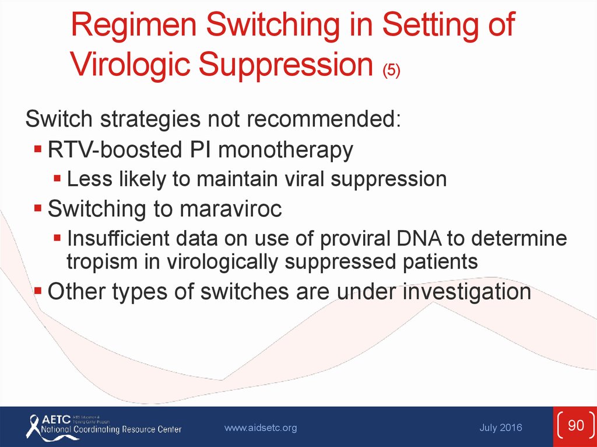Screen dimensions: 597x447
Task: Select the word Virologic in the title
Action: tap(130, 64)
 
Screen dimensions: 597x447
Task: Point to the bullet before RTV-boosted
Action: tap(38, 148)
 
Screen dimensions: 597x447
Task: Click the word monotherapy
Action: tap(285, 150)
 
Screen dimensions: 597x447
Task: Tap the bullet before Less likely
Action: tap(57, 178)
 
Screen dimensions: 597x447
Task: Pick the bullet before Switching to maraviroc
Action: tap(38, 208)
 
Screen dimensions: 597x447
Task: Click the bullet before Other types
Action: tap(38, 291)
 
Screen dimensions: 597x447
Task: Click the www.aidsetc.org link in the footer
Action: tap(261, 428)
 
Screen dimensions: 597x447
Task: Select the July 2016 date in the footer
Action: tap(501, 428)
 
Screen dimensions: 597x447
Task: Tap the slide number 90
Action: tap(575, 425)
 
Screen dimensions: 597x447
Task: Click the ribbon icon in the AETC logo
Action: tap(33, 427)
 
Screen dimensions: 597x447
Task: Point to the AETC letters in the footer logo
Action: tap(56, 420)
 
